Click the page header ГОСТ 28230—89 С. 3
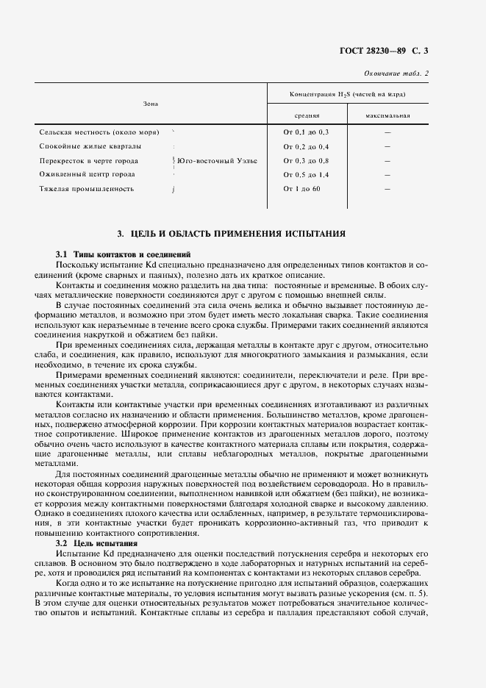(394, 51)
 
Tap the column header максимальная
(387, 115)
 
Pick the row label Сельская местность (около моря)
(96, 132)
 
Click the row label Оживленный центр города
(87, 174)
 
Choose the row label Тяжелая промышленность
(86, 189)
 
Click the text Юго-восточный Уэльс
(218, 160)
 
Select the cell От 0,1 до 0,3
(306, 132)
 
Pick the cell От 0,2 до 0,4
(306, 146)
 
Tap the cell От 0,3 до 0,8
(306, 160)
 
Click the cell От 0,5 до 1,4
(306, 174)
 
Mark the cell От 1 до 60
(302, 189)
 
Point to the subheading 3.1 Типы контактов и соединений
(110, 254)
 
